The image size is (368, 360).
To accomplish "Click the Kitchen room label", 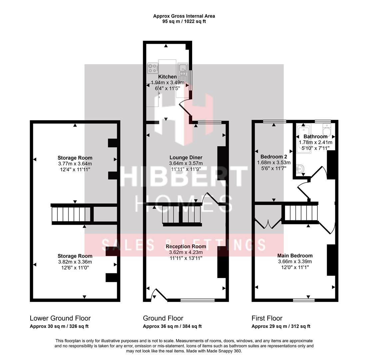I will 168,77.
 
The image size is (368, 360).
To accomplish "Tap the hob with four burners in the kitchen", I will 153,68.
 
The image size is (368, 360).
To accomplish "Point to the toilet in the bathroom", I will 326,131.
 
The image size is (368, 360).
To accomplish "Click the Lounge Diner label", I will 185,158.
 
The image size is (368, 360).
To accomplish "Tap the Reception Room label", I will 186,247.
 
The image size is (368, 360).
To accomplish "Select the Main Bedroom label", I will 295,256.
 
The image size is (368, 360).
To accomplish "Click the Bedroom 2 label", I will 273,157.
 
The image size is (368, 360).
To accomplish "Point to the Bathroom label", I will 315,136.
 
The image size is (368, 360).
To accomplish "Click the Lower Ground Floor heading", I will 60,318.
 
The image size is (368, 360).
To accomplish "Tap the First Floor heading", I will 267,318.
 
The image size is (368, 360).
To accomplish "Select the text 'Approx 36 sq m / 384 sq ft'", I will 172,327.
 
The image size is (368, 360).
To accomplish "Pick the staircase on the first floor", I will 300,214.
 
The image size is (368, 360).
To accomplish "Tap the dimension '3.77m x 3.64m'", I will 75,164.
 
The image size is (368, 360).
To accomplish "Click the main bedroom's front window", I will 304,300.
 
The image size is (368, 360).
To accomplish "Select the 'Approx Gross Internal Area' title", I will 184,16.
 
